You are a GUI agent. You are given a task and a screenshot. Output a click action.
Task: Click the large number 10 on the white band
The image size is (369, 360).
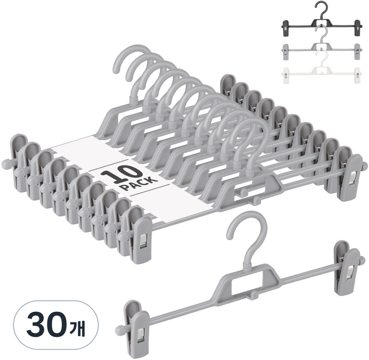(121, 175)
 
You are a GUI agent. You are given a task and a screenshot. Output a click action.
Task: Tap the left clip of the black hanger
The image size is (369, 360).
(285, 28)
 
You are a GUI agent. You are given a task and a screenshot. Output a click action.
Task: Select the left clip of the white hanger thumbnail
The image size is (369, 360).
(285, 75)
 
